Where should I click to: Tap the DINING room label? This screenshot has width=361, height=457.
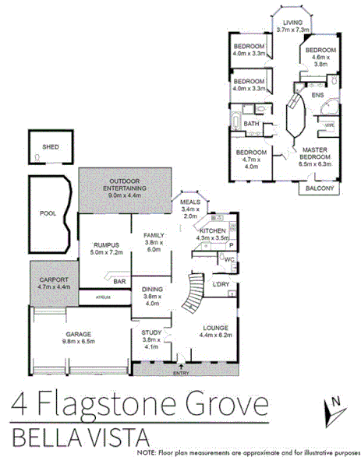click(153, 295)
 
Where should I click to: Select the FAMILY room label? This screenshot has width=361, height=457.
click(152, 240)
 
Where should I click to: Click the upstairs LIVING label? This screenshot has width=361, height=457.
click(294, 23)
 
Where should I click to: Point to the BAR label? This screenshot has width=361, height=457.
click(120, 281)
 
